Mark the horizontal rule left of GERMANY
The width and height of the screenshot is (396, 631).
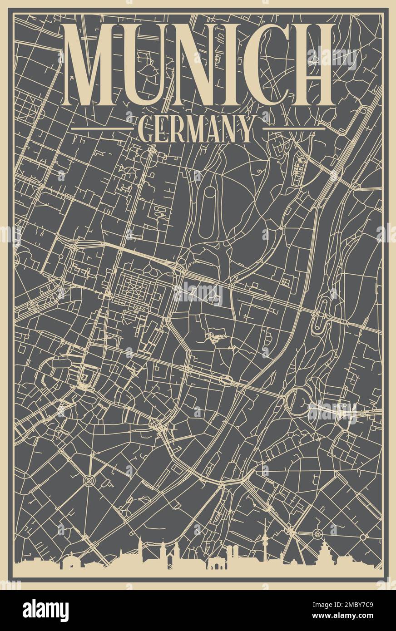tap(102, 129)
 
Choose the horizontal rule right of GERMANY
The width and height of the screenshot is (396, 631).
tap(294, 129)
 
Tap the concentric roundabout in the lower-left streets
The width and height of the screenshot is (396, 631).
tap(89, 479)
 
